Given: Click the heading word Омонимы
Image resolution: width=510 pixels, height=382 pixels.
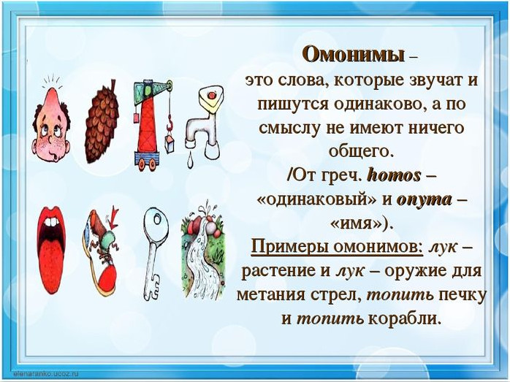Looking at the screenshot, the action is pyautogui.click(x=354, y=55).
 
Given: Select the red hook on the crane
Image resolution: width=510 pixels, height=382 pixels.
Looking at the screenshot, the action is pyautogui.click(x=170, y=123).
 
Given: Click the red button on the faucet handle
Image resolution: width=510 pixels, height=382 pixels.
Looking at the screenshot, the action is pyautogui.click(x=211, y=95).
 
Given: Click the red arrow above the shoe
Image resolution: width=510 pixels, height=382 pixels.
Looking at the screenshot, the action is pyautogui.click(x=113, y=218).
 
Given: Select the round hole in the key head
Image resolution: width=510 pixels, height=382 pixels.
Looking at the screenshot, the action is pyautogui.click(x=156, y=219).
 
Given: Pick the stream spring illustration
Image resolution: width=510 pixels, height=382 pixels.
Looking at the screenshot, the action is pyautogui.click(x=203, y=251).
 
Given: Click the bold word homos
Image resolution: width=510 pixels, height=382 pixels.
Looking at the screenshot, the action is pyautogui.click(x=394, y=176).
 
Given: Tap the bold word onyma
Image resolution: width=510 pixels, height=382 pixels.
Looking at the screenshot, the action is pyautogui.click(x=424, y=200).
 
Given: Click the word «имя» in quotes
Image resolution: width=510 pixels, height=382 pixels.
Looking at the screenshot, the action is pyautogui.click(x=356, y=224).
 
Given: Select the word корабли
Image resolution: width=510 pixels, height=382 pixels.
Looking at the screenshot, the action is pyautogui.click(x=405, y=318).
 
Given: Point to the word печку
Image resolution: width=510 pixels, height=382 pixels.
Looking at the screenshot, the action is pyautogui.click(x=463, y=295).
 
